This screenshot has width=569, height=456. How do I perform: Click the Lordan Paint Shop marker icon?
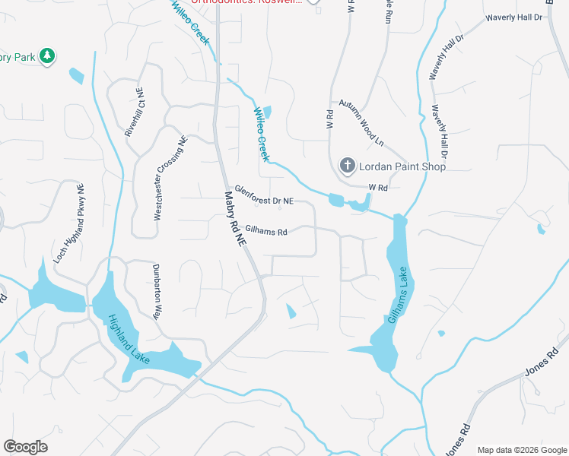tap(347, 166)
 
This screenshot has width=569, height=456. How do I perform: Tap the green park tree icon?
tap(47, 56)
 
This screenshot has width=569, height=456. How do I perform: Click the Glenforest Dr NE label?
tap(263, 195)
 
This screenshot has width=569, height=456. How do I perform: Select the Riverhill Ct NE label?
tap(134, 112)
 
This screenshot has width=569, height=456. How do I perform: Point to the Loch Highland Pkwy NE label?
tap(67, 223)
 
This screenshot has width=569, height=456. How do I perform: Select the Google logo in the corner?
tap(25, 447)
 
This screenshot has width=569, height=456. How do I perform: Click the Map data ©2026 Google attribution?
tap(522, 450)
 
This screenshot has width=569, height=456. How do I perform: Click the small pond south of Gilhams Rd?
tap(291, 311)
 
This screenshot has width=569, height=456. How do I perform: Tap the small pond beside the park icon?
tap(76, 76)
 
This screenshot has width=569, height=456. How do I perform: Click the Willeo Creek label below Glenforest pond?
tap(261, 134)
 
